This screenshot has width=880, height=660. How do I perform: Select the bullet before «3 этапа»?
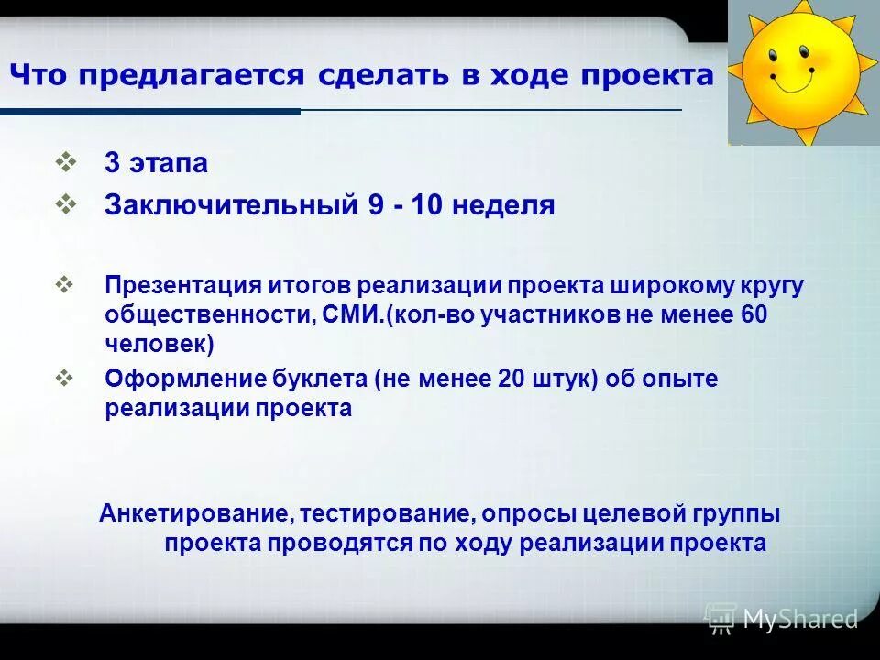click(66, 162)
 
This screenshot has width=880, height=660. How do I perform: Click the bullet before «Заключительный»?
click(66, 203)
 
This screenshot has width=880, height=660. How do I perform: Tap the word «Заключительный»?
click(230, 205)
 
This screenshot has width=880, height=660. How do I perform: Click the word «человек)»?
click(159, 345)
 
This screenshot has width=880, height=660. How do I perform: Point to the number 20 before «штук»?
click(511, 379)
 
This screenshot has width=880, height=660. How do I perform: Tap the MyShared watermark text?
click(800, 619)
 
